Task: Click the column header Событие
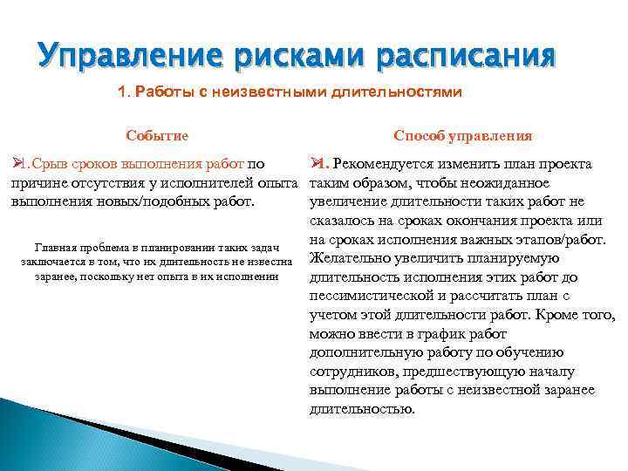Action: click(157, 136)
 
